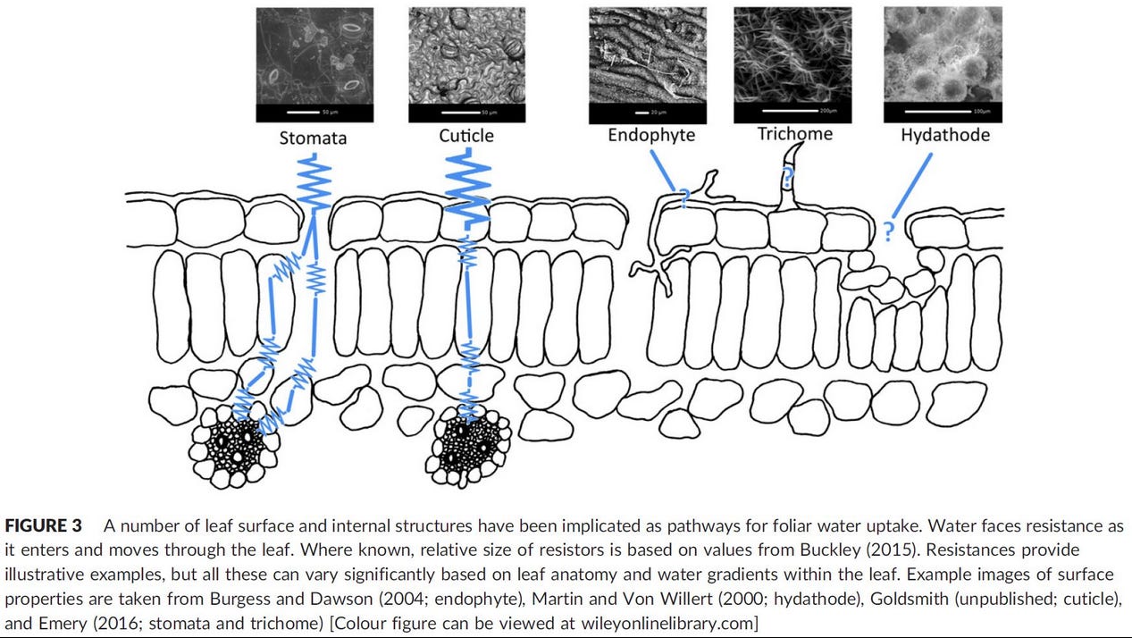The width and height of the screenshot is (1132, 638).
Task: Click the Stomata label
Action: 313,139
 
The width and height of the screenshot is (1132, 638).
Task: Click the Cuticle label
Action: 465,136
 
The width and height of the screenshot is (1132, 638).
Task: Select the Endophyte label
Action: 651,136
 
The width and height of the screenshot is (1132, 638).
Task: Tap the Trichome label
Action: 794,134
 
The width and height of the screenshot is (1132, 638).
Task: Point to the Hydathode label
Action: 944,136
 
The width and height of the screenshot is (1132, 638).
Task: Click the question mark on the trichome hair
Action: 788,177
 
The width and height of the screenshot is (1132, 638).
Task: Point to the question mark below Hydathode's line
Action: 888,231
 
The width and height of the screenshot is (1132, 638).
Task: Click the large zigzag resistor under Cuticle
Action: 467,189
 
